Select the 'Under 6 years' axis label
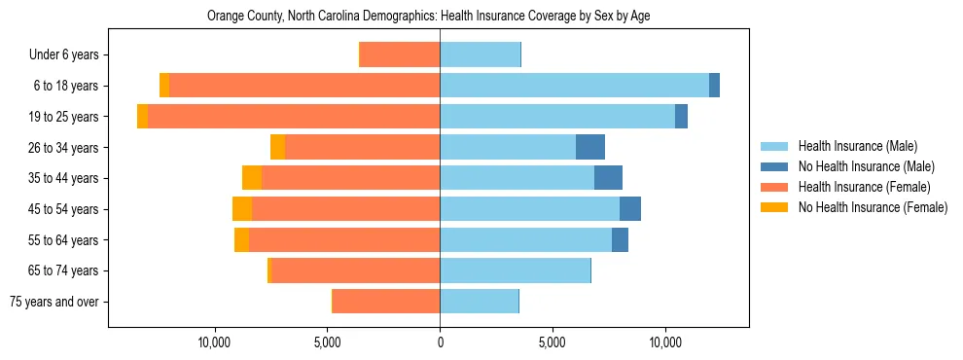[64, 55]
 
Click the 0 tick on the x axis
[440, 342]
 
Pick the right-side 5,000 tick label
[552, 342]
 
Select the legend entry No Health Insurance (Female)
[873, 207]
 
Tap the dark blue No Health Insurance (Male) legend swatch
[775, 166]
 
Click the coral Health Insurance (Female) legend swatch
[775, 187]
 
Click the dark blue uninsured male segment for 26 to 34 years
[590, 147]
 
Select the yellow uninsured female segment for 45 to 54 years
[242, 209]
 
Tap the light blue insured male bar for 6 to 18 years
[574, 86]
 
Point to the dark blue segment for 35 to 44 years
[608, 178]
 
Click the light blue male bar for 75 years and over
[479, 302]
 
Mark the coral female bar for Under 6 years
[400, 55]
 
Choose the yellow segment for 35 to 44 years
[252, 178]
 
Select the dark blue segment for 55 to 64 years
[620, 240]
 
